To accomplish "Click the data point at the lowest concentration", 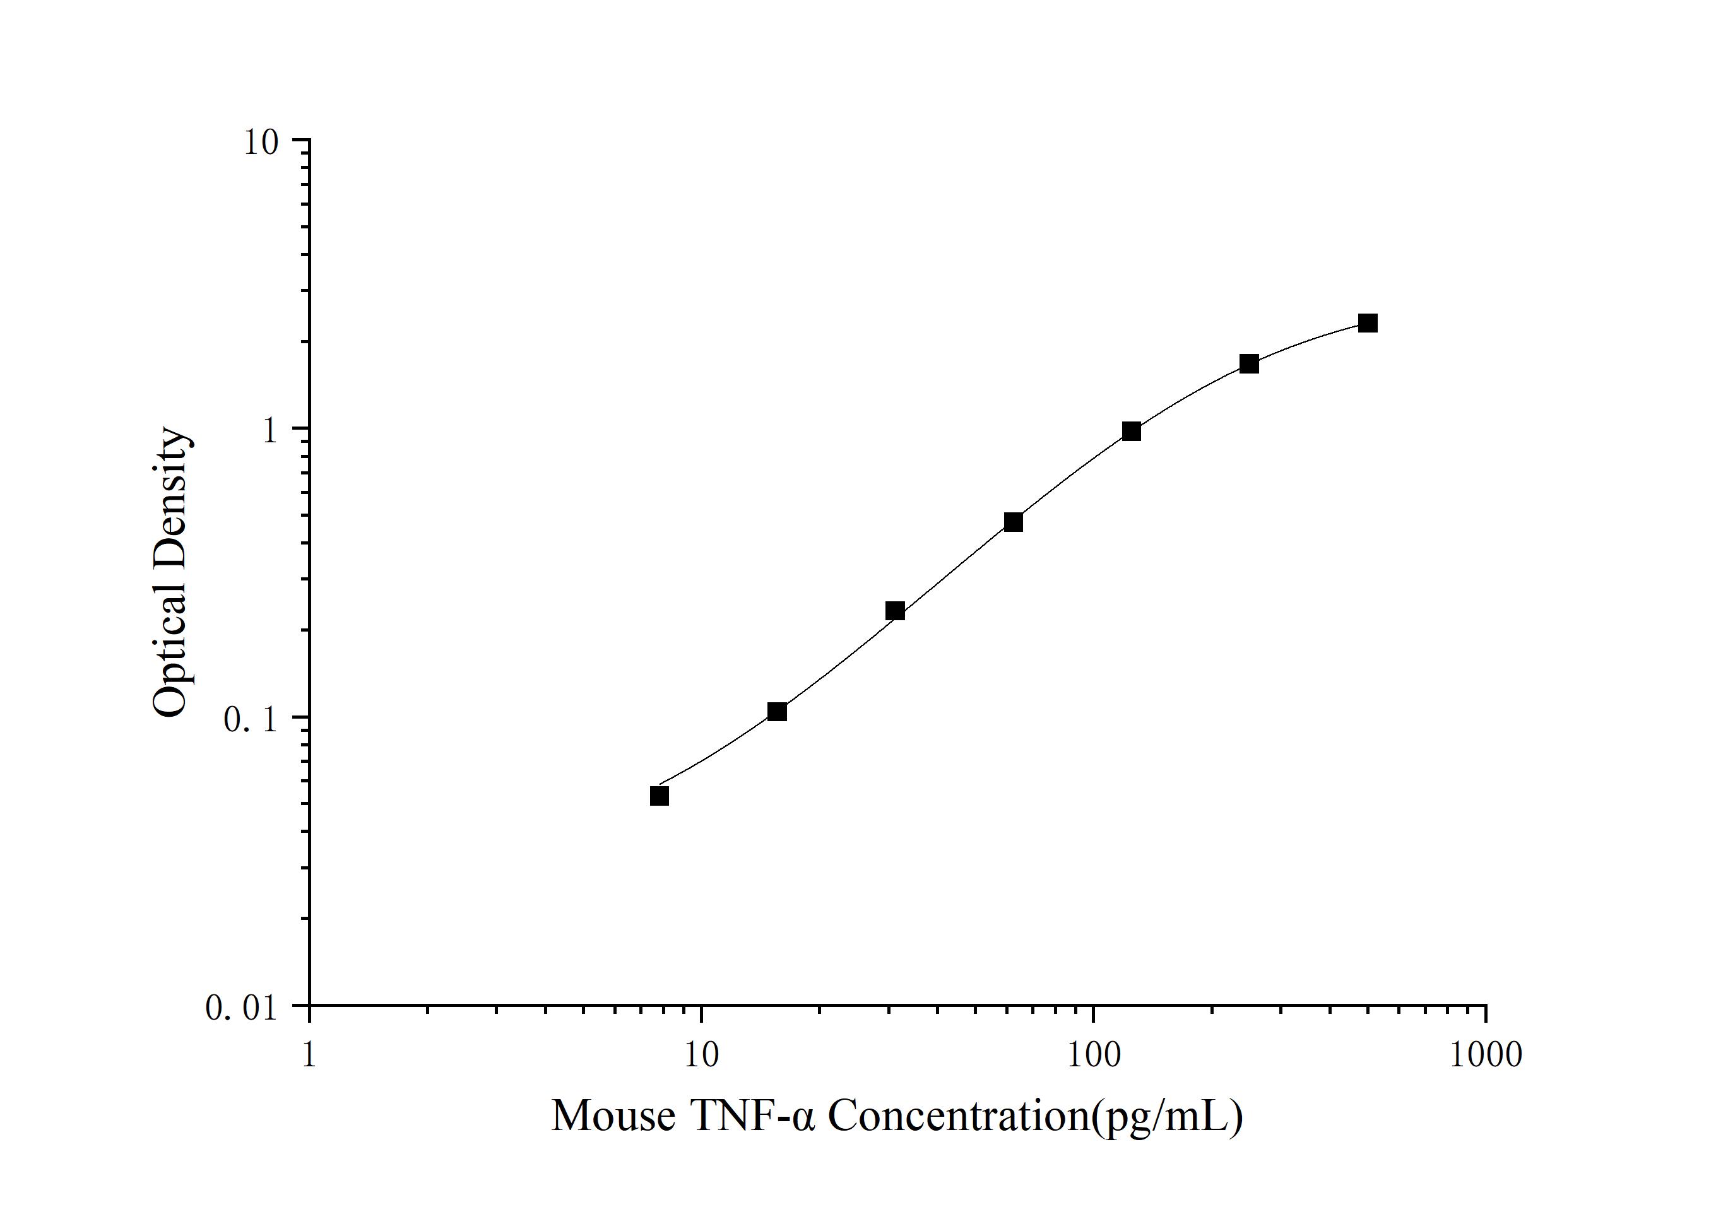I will pyautogui.click(x=660, y=796).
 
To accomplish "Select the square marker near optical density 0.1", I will pyautogui.click(x=778, y=711).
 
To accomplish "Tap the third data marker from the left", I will pyautogui.click(x=895, y=610).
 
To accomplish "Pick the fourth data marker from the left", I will pyautogui.click(x=1014, y=522).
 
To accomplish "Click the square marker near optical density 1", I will pyautogui.click(x=1131, y=431).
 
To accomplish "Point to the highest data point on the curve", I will pyautogui.click(x=1368, y=323).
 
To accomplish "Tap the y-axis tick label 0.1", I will pyautogui.click(x=251, y=719).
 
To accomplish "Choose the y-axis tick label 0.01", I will pyautogui.click(x=242, y=1008).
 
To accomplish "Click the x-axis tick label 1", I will pyautogui.click(x=309, y=1055).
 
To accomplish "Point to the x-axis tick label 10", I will pyautogui.click(x=701, y=1055).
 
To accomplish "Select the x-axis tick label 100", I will pyautogui.click(x=1093, y=1055).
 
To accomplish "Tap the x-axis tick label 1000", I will pyautogui.click(x=1485, y=1055).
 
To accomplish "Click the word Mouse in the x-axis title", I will pyautogui.click(x=613, y=1117).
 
